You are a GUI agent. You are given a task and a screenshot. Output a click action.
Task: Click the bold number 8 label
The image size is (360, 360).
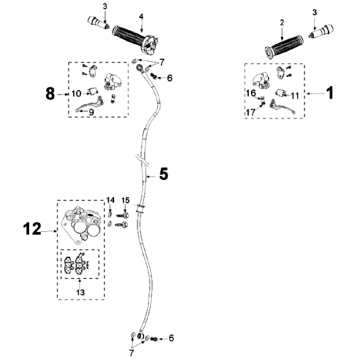tap(50, 94)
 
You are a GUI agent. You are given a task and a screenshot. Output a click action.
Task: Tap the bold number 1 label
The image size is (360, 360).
tap(329, 93)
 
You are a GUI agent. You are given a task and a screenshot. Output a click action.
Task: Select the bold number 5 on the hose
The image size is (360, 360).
tap(163, 174)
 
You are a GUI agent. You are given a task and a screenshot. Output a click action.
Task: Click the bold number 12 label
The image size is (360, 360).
tap(32, 229)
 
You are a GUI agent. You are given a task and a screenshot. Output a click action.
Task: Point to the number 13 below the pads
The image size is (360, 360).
tap(80, 292)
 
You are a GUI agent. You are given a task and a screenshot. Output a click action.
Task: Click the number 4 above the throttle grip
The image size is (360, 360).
tap(141, 16)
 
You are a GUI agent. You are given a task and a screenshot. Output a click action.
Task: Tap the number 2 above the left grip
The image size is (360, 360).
tap(282, 23)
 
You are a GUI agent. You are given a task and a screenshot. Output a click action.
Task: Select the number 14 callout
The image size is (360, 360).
tap(110, 200)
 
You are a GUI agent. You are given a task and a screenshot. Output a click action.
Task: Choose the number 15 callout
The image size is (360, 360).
tap(125, 200)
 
